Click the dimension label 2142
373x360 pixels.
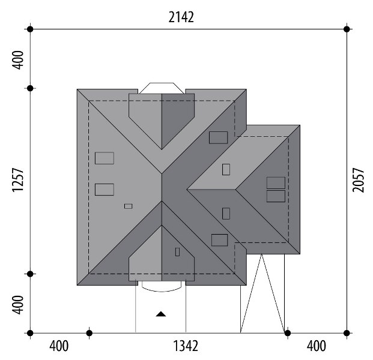(x=181, y=17)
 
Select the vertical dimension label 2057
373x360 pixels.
(x=358, y=180)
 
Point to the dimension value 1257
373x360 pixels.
(x=18, y=180)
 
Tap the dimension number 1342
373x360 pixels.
(x=186, y=346)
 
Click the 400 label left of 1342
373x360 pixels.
(x=59, y=346)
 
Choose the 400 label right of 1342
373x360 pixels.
(x=316, y=346)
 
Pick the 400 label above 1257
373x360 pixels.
(x=18, y=60)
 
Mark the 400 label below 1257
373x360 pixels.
(x=18, y=305)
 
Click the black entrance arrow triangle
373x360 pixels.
(x=161, y=314)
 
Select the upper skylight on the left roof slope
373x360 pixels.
(x=105, y=158)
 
